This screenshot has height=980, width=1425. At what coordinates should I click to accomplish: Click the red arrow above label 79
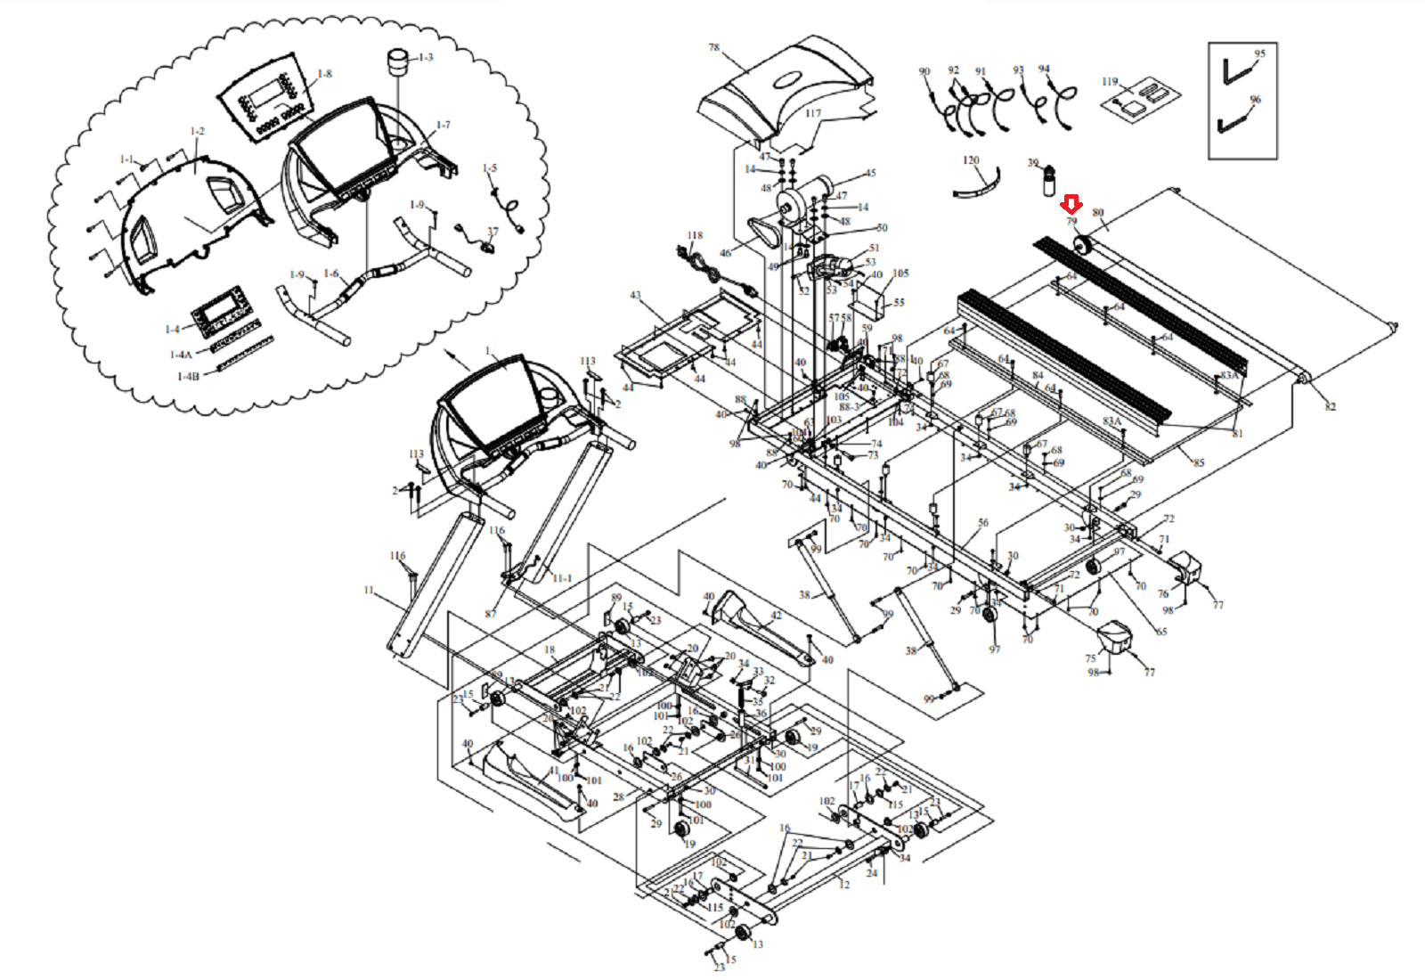1072,205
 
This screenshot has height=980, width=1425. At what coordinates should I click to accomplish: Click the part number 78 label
713,47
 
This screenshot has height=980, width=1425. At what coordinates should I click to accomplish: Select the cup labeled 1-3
396,66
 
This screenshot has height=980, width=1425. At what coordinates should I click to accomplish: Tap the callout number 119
1109,82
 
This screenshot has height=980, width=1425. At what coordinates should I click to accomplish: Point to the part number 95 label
1259,53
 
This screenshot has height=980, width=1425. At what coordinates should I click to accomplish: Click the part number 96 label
1255,100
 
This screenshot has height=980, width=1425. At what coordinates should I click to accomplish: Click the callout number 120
971,160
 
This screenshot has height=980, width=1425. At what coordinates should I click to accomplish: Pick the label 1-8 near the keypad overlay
325,74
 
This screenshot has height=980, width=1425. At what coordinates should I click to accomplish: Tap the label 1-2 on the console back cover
197,131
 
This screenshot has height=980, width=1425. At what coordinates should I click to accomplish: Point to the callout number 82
1330,407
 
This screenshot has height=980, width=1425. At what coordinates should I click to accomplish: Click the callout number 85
1199,462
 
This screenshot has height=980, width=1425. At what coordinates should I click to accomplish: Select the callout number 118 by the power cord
695,236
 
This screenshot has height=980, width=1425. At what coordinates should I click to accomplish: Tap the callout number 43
635,295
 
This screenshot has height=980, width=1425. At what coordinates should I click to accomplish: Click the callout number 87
491,614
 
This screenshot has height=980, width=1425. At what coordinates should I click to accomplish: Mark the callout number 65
1160,632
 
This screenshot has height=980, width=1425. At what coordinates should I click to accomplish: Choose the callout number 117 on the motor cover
813,114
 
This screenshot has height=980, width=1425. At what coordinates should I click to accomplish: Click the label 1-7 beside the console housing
444,126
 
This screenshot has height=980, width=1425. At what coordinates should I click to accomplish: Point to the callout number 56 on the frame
983,523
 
